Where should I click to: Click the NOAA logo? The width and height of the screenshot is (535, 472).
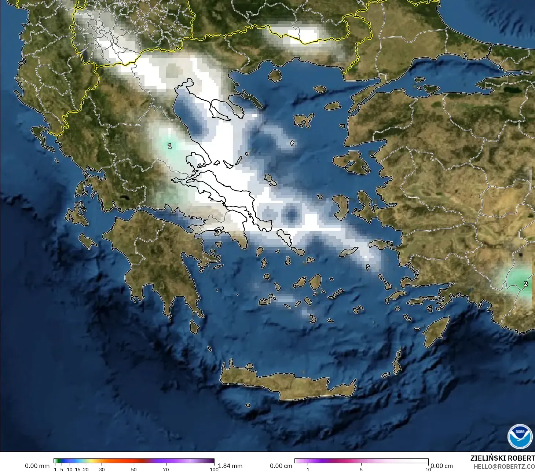[x=520, y=436]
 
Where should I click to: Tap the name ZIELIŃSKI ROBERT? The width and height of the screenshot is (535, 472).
[x=502, y=458]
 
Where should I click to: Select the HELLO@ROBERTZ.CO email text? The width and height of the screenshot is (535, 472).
[x=504, y=467]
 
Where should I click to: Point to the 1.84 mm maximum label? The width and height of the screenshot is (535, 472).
[x=230, y=466]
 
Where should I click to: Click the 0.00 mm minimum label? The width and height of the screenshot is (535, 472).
[x=37, y=466]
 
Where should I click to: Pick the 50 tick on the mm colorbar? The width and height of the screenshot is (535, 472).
[x=134, y=469]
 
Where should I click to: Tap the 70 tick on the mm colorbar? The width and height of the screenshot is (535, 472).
[x=166, y=469]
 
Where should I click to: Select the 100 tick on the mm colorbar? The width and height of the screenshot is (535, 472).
[x=214, y=469]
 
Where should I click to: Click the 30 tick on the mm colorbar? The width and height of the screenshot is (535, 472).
[x=102, y=469]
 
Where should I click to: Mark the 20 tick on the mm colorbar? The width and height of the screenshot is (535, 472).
[x=86, y=469]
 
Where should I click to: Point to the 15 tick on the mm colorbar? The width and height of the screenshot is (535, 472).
[x=78, y=469]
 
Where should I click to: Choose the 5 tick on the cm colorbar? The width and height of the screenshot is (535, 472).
[x=361, y=469]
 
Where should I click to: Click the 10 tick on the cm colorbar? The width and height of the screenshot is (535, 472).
[x=428, y=469]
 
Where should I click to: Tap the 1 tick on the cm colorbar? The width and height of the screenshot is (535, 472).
[x=308, y=469]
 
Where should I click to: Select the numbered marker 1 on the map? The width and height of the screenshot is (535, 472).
[x=169, y=146]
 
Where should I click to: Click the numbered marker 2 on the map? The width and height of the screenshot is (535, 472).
[x=525, y=284]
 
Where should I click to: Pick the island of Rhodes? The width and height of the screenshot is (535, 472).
[x=436, y=331]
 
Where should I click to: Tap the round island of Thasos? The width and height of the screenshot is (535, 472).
[x=275, y=76]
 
